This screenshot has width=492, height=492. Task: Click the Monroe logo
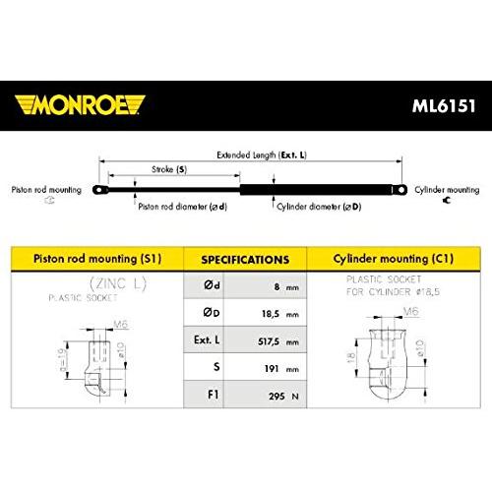tap(80, 105)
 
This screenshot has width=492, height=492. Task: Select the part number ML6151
tap(444, 106)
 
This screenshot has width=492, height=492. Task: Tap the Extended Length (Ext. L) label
tap(262, 154)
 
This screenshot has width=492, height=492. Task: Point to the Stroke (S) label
tap(169, 169)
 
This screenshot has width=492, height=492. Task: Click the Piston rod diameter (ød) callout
tap(183, 207)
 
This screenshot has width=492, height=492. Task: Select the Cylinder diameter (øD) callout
tap(319, 207)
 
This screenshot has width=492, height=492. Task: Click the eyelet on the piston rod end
tap(100, 190)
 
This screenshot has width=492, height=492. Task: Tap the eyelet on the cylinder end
tap(400, 190)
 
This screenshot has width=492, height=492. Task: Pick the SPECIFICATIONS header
tap(245, 260)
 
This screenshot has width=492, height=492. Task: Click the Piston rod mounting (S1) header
tap(97, 259)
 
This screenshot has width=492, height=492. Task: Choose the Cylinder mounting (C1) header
tap(394, 259)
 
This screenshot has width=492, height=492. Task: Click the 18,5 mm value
tap(280, 314)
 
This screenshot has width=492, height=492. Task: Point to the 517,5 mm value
tap(278, 341)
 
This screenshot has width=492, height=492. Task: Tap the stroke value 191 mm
tap(281, 369)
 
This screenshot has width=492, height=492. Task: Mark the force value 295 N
tap(283, 397)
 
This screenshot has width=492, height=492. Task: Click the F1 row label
tap(214, 395)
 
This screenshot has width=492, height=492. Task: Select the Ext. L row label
tap(207, 339)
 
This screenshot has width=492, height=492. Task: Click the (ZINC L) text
tap(118, 283)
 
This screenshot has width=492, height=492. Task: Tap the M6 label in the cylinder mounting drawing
tap(411, 311)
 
